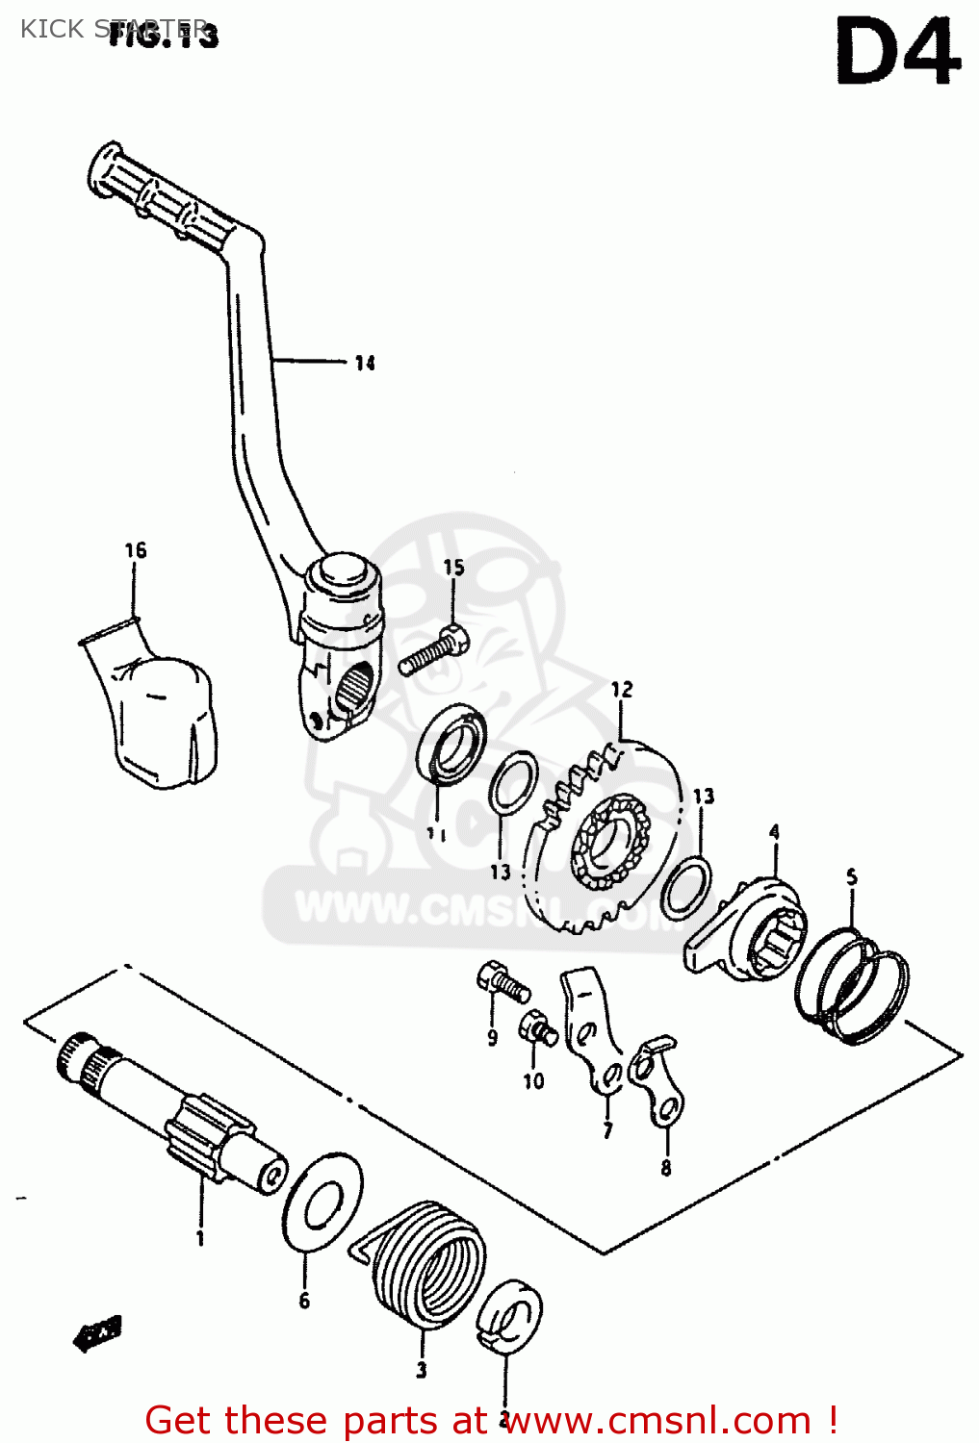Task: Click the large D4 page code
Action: (897, 54)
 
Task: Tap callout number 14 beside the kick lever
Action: (364, 363)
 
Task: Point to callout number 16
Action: (136, 550)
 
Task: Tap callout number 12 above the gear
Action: (622, 689)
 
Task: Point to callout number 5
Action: (851, 876)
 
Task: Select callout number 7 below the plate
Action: (607, 1130)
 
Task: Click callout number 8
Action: (666, 1168)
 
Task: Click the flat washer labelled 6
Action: (322, 1202)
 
